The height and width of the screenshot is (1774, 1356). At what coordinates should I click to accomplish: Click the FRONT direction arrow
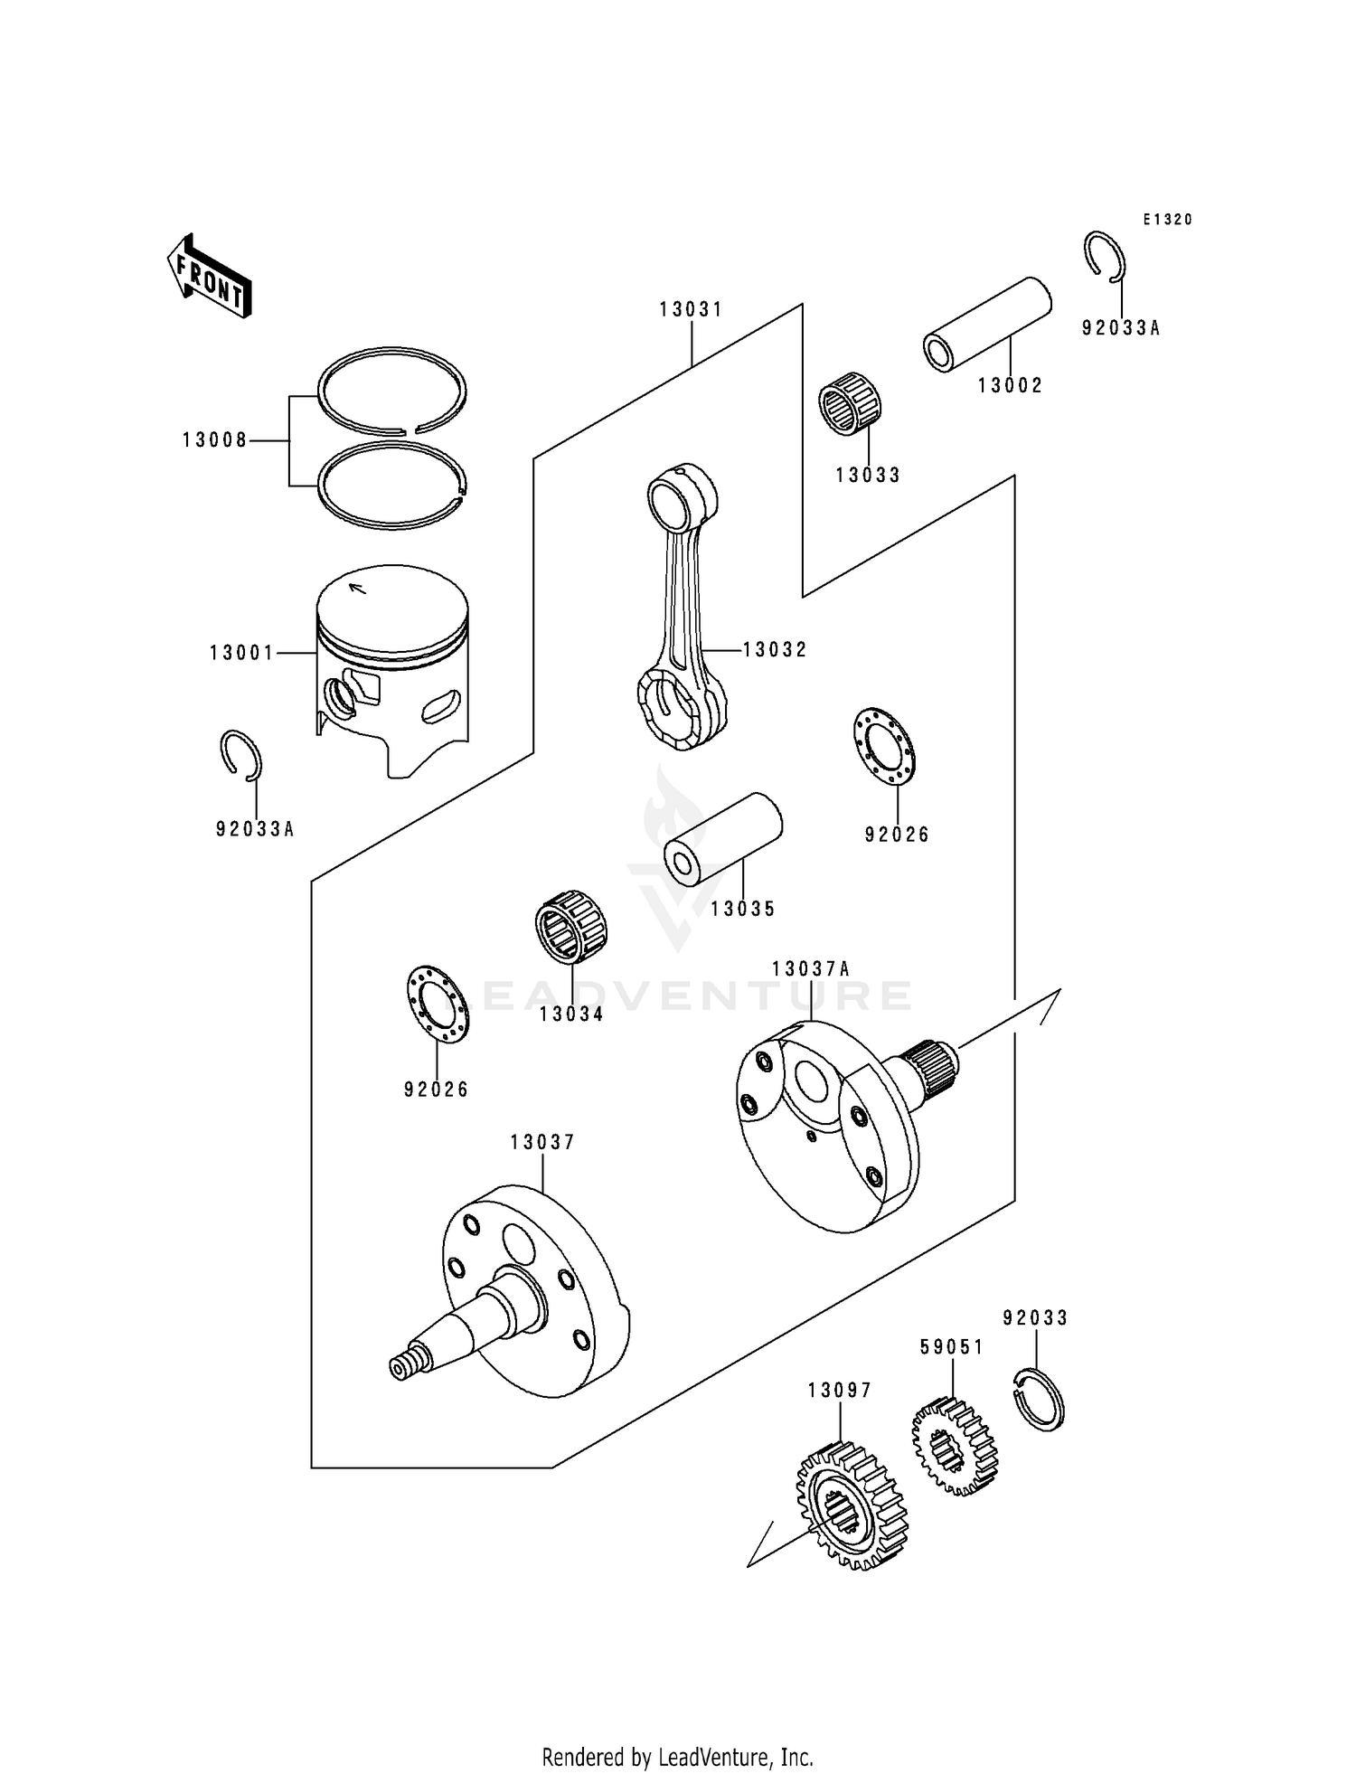tap(208, 276)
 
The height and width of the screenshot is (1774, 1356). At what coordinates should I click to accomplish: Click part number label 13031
tap(691, 309)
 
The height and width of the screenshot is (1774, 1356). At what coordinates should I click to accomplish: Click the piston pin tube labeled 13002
tap(987, 324)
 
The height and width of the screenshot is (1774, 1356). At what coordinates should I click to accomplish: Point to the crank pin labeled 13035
tap(723, 839)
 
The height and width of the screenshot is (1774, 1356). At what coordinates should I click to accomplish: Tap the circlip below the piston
tap(241, 754)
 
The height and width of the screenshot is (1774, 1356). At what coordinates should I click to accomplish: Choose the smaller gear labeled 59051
tap(954, 1447)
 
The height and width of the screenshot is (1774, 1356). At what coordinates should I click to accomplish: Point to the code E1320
tap(1167, 220)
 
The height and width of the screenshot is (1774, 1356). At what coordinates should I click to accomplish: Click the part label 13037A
tap(811, 969)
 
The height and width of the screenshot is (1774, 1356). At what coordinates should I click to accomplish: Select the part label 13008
tap(214, 440)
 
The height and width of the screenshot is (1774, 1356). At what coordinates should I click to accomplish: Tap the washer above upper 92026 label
tap(883, 746)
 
